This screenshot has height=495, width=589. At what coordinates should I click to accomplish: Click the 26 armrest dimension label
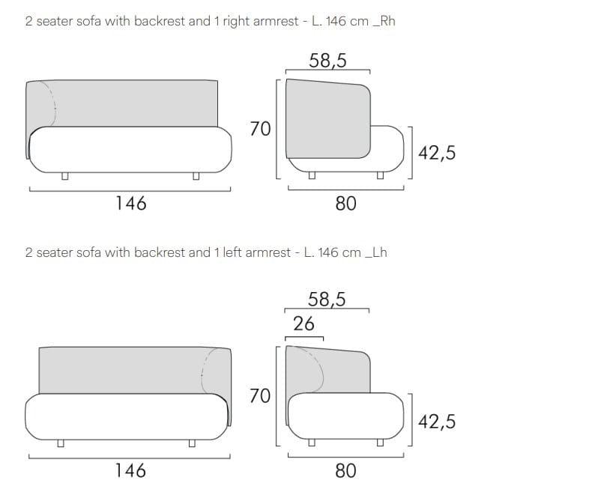[303, 324]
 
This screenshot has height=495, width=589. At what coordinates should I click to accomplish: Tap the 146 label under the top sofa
[130, 204]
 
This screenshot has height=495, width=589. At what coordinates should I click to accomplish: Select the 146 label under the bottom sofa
[130, 470]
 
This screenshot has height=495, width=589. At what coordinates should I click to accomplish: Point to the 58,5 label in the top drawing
[327, 61]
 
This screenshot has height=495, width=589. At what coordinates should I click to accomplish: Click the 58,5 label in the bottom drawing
[327, 300]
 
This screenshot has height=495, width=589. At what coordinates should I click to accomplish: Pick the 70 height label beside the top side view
[260, 129]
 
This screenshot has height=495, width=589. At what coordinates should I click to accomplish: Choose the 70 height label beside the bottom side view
[260, 396]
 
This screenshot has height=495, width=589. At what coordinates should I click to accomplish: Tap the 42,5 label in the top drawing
[437, 153]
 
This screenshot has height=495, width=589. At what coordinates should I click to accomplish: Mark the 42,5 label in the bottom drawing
[437, 422]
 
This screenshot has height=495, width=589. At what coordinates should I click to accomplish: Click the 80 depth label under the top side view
[345, 204]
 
